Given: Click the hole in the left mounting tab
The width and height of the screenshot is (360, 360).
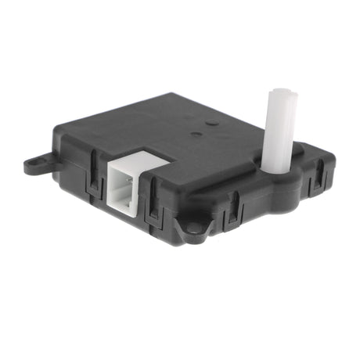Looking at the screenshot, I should coord(34,165).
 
